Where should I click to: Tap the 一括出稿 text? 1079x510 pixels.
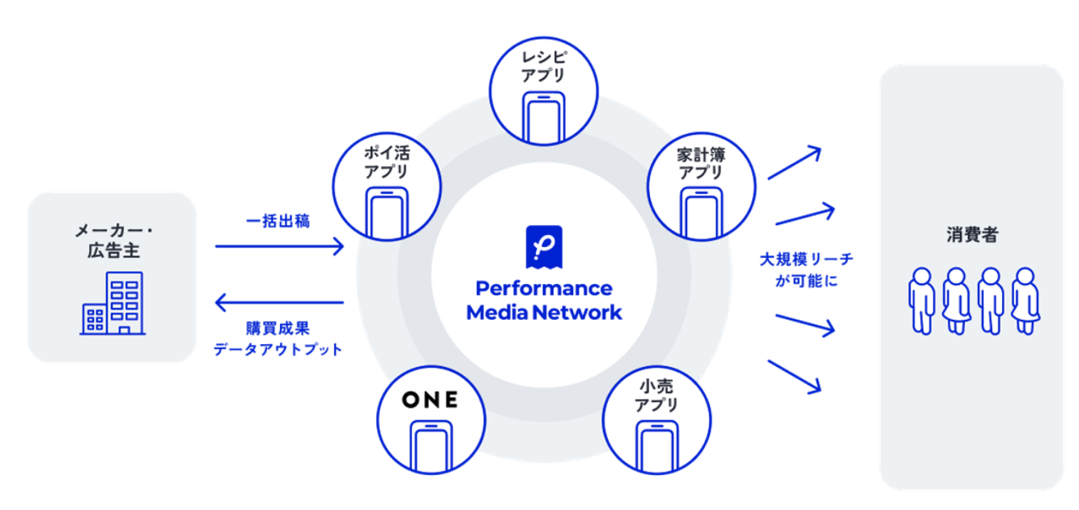click(x=278, y=222)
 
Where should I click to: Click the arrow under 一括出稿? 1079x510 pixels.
click(x=279, y=247)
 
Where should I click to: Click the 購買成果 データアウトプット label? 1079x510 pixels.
click(x=279, y=339)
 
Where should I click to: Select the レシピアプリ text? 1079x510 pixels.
click(x=543, y=65)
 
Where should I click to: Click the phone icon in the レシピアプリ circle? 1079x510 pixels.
click(x=543, y=115)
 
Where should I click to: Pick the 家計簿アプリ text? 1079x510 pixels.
click(x=701, y=162)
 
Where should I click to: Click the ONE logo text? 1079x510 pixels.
click(x=430, y=400)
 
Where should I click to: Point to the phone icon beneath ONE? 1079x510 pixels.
click(x=430, y=444)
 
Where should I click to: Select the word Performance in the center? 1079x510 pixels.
click(x=544, y=288)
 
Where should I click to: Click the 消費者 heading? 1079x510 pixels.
click(x=972, y=236)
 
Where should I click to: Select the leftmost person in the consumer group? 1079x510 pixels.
click(x=921, y=300)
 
